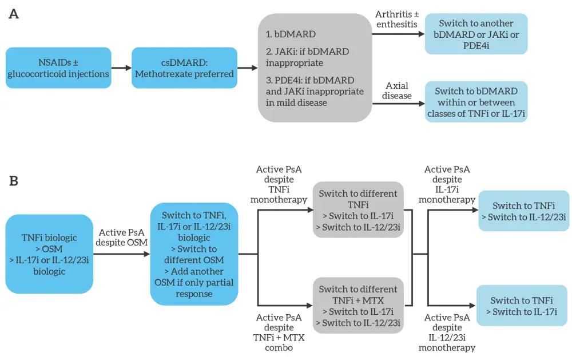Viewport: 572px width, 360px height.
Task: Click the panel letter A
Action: coord(14,14)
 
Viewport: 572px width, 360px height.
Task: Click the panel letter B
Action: coord(14,181)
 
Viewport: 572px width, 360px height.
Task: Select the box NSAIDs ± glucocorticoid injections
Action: coord(58,68)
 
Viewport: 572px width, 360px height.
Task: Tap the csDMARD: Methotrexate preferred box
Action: coord(184,68)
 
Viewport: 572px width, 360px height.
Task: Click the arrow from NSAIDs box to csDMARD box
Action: coord(121,68)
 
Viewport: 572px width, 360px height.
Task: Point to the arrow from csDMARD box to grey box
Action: coord(247,68)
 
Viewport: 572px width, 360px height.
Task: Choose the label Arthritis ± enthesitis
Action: coord(396,19)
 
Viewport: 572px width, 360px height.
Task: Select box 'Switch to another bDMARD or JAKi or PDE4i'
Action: coord(476,34)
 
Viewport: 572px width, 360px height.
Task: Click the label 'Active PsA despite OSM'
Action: coord(122,238)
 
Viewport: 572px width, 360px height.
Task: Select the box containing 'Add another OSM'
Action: coord(194,254)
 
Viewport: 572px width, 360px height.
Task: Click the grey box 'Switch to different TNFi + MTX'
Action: coord(358,306)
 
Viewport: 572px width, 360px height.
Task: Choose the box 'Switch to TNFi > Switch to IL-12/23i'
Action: coord(523,211)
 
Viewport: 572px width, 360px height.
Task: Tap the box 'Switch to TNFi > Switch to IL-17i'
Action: coord(522,306)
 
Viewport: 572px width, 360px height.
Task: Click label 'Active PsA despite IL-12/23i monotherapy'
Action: coord(447,333)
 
